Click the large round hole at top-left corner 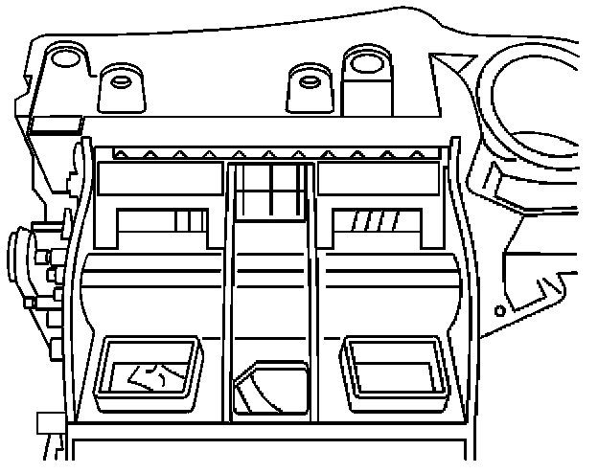pos(65,60)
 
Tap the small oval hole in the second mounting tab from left pos(122,80)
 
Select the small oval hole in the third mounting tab pos(308,79)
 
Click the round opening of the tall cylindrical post pos(365,63)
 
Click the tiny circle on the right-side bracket pos(499,311)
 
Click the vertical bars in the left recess pos(190,221)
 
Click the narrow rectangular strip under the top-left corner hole pos(56,122)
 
